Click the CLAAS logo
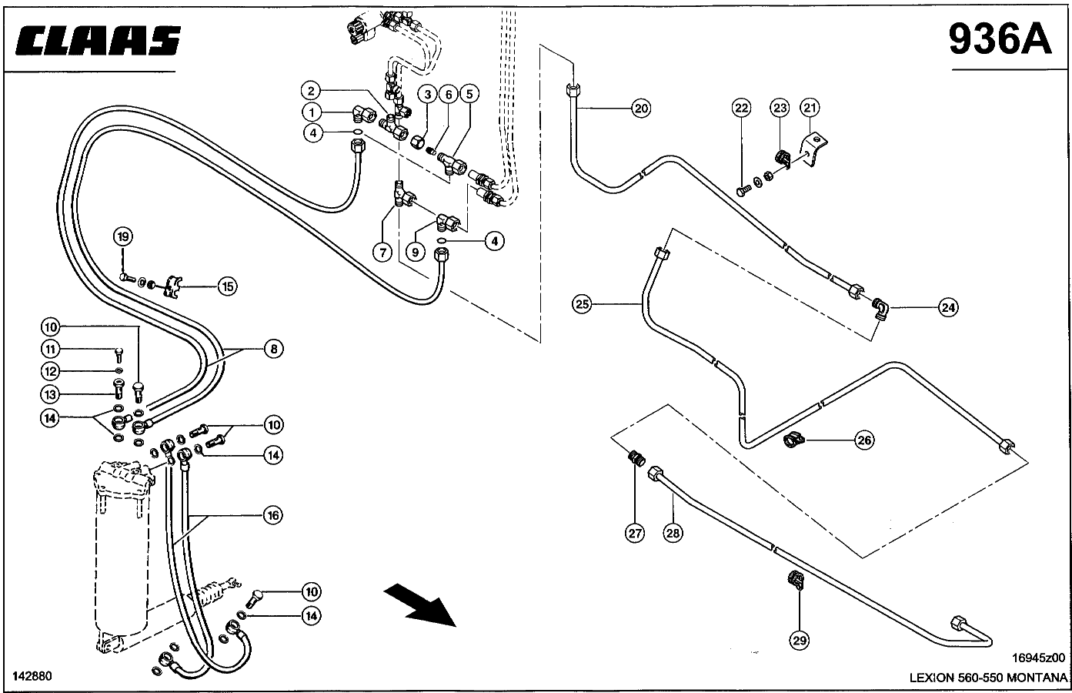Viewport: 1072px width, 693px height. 98,40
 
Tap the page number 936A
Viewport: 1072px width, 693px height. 1000,39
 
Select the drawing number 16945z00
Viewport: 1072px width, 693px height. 1038,658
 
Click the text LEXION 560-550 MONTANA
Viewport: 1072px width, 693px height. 988,678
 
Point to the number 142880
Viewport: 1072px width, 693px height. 32,676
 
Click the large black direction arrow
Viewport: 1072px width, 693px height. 419,605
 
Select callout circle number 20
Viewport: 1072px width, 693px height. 641,109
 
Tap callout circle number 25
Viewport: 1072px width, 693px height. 582,304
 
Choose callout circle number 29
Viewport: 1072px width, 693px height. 800,641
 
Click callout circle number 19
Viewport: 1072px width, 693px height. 123,236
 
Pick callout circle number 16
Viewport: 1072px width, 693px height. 272,515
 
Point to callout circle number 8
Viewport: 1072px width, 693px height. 274,349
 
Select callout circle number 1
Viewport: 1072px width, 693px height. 312,112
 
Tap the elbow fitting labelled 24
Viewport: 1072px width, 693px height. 880,309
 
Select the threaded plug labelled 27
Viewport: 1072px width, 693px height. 636,458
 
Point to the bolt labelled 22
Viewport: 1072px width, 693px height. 743,191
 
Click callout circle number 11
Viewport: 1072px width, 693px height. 50,349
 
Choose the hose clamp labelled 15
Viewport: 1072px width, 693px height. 172,286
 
